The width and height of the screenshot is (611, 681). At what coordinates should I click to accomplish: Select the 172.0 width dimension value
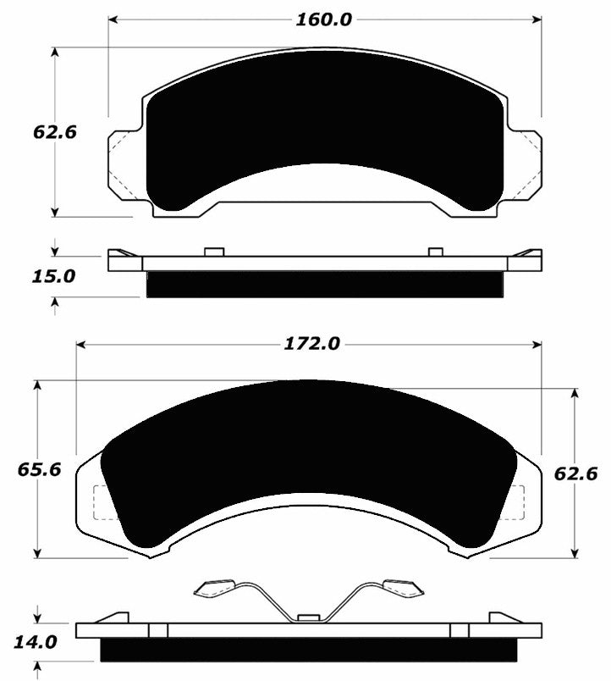click(x=311, y=344)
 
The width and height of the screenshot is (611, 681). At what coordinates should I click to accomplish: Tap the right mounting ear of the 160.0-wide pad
click(x=526, y=166)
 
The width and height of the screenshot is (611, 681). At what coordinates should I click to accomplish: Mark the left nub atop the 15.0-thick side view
click(x=213, y=251)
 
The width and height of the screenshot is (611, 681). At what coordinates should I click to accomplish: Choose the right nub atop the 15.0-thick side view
click(x=436, y=251)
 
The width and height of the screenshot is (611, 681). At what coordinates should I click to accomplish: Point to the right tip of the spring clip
click(x=401, y=586)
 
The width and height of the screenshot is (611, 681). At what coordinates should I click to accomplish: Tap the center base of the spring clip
click(x=308, y=617)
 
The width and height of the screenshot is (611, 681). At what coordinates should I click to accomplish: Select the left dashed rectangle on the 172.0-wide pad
click(x=100, y=503)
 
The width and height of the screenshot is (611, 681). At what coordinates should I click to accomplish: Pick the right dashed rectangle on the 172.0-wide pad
click(x=513, y=503)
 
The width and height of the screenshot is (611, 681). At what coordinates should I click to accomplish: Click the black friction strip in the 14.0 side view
click(x=308, y=650)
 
